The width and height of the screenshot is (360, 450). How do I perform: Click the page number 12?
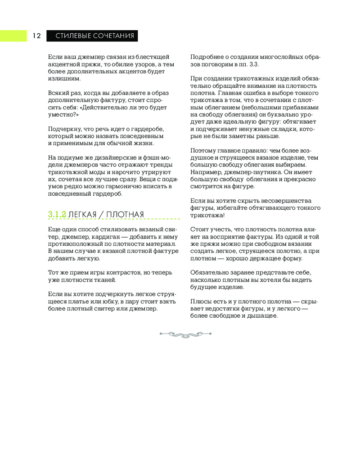pyautogui.click(x=36, y=36)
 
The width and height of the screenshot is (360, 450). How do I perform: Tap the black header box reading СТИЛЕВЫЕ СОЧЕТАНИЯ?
pyautogui.click(x=92, y=36)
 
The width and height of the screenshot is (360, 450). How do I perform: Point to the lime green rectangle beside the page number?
pyautogui.click(x=13, y=36)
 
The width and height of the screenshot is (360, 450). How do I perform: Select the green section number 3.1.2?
pyautogui.click(x=57, y=215)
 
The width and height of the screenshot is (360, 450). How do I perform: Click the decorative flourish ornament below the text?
pyautogui.click(x=185, y=334)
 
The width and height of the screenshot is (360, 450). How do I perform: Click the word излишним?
pyautogui.click(x=61, y=78)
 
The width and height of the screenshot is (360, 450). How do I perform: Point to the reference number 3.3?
pyautogui.click(x=253, y=64)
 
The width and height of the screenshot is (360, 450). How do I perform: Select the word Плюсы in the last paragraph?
pyautogui.click(x=199, y=301)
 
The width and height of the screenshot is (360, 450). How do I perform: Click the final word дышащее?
pyautogui.click(x=263, y=316)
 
